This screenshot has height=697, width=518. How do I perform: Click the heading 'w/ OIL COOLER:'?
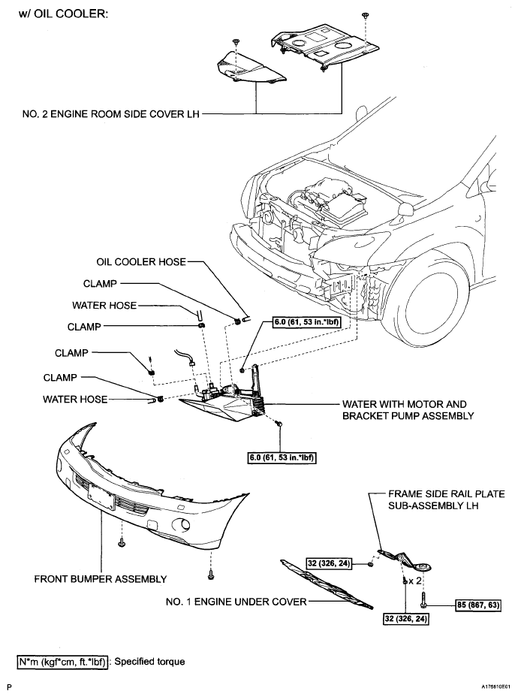click(64, 14)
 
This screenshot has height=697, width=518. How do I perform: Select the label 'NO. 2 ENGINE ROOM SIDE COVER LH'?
click(110, 114)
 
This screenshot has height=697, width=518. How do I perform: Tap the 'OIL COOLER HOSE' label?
click(141, 262)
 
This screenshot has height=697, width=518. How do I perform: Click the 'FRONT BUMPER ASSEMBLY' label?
click(101, 579)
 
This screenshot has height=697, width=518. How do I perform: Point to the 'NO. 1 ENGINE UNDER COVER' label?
click(236, 602)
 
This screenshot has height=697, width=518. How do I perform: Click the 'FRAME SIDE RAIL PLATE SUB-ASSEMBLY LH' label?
click(447, 499)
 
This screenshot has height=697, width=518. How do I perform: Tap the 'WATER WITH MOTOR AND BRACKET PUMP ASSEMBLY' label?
click(408, 410)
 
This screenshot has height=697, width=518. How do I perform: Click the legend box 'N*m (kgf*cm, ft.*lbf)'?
click(62, 662)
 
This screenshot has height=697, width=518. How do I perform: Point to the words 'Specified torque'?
click(149, 662)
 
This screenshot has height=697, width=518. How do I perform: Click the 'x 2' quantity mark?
click(415, 581)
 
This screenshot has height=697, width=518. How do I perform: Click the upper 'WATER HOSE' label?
click(104, 306)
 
